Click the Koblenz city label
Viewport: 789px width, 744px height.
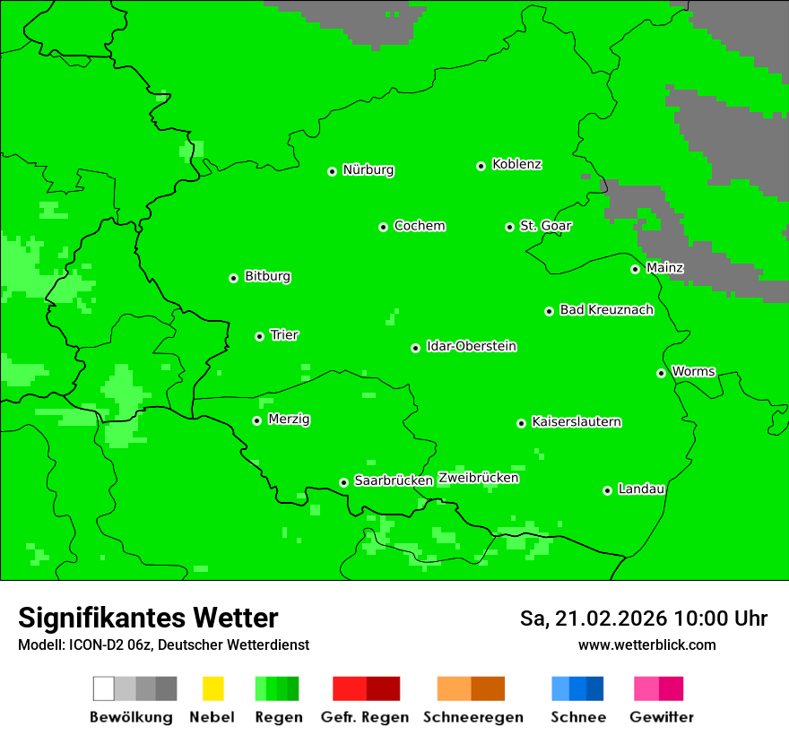(516, 165)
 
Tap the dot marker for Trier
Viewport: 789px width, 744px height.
(259, 336)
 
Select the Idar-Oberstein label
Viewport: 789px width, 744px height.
(472, 347)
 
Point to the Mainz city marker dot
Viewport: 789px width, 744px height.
(635, 269)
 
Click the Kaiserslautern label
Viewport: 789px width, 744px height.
(576, 422)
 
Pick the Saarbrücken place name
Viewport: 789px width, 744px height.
(394, 481)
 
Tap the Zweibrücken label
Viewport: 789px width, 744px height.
(479, 479)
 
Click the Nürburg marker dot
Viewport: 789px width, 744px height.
(332, 171)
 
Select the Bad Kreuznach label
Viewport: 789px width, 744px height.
(606, 310)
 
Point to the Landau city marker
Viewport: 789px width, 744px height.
(607, 490)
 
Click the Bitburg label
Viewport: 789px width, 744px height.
(267, 277)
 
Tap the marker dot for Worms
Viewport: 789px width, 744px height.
(661, 373)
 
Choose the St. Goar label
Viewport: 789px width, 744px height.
(545, 226)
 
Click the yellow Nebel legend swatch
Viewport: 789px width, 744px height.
(212, 688)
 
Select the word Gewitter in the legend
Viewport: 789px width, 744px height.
(662, 717)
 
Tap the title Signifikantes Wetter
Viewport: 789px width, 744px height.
(148, 619)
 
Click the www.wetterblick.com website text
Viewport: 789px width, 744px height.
(646, 645)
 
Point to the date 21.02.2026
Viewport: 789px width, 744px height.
(610, 619)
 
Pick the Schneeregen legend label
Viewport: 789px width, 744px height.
(473, 717)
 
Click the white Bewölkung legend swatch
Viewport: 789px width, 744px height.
(104, 688)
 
